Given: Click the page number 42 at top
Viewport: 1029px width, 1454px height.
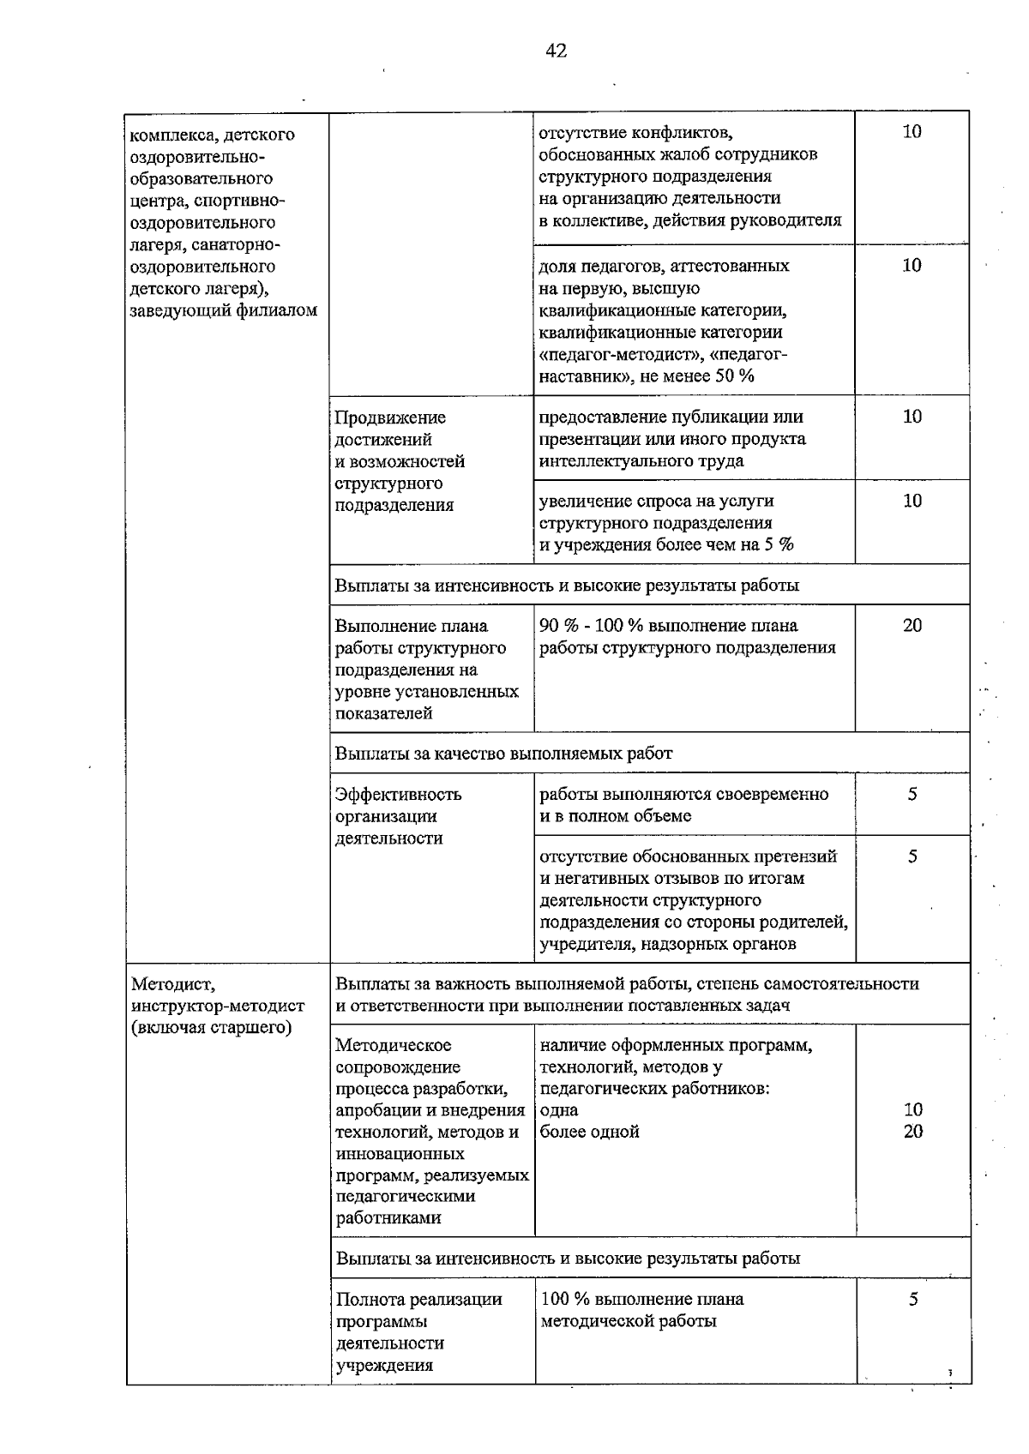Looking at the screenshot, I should [556, 51].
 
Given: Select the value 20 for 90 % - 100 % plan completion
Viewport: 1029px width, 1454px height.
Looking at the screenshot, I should [912, 626].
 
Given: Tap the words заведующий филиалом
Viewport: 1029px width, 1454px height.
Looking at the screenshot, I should [223, 311].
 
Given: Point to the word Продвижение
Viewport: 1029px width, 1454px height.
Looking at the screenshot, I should [390, 418].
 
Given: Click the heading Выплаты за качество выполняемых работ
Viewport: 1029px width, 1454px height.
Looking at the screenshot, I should [503, 754].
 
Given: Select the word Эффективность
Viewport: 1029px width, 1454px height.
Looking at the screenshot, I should [398, 795].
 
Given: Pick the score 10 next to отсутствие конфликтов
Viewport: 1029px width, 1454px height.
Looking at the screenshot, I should [912, 132].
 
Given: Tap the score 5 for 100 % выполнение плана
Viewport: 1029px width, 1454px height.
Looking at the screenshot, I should [913, 1300].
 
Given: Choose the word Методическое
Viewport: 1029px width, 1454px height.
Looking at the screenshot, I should [394, 1046].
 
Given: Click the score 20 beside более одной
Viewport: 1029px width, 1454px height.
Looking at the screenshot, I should [913, 1133].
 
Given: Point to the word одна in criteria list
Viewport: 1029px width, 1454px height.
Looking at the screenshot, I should [559, 1111].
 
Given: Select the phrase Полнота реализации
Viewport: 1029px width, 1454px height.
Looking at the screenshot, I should [418, 1300].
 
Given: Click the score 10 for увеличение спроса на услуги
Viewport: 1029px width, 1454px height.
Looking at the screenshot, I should [912, 502].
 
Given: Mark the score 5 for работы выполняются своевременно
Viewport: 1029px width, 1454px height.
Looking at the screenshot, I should [912, 795].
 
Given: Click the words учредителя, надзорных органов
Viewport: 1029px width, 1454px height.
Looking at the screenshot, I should [668, 945].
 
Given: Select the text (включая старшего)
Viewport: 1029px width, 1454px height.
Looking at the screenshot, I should [211, 1028].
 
